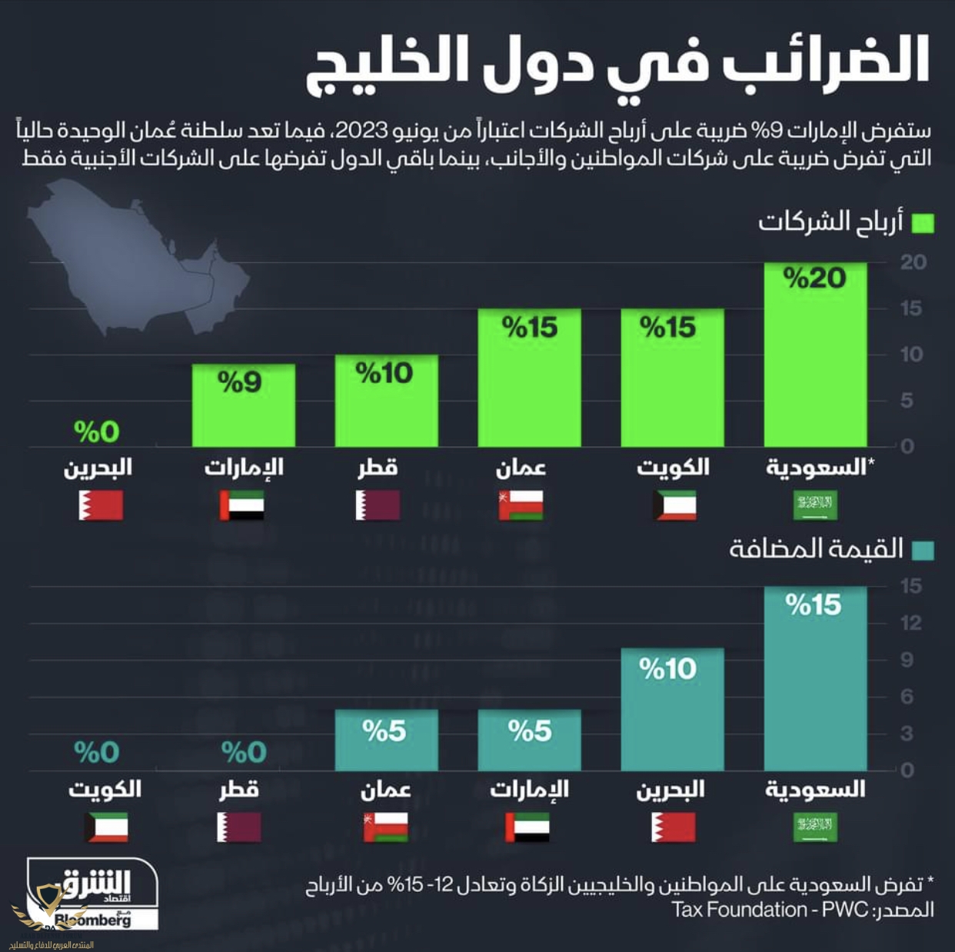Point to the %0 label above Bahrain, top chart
[x=97, y=432]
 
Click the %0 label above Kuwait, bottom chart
[x=97, y=752]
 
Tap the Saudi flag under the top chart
[x=815, y=505]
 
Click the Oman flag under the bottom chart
[x=386, y=827]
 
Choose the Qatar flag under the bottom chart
[x=239, y=827]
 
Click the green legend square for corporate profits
[x=922, y=223]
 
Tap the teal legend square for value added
[x=922, y=551]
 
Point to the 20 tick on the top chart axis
[x=913, y=262]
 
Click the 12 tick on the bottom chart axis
[x=911, y=623]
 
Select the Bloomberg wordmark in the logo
[x=94, y=919]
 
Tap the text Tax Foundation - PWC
[x=740, y=910]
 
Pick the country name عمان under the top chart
[x=521, y=468]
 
